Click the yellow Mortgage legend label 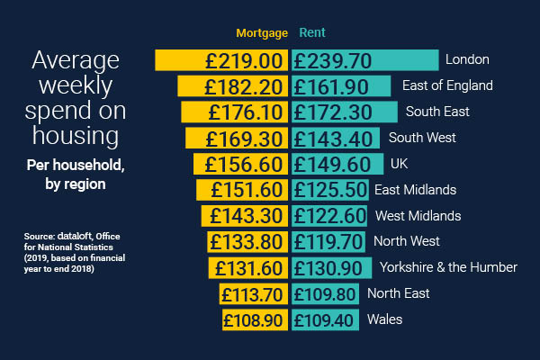[x=262, y=33]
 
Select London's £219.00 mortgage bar [x=221, y=60]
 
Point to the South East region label [x=437, y=112]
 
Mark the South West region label [x=422, y=138]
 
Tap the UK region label [x=399, y=165]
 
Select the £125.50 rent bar [x=329, y=190]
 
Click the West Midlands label [x=418, y=216]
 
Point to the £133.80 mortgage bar [x=247, y=242]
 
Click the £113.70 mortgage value [x=255, y=294]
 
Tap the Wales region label [x=384, y=319]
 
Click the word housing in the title [x=76, y=136]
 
